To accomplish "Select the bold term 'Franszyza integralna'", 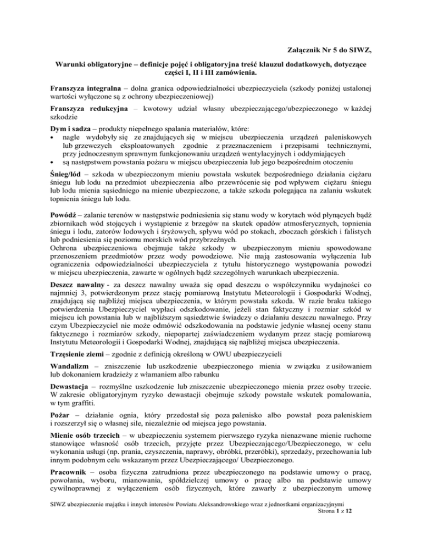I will click(x=88, y=87).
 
